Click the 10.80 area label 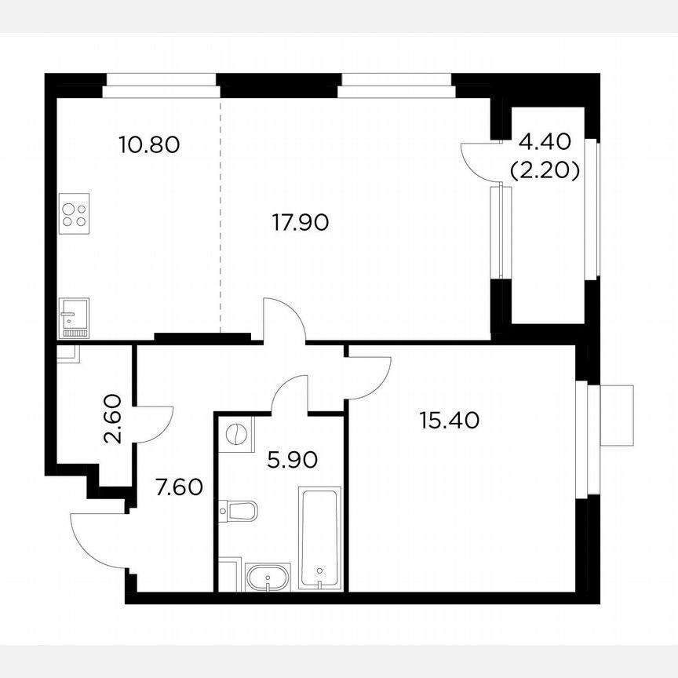[149, 144]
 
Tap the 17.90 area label [300, 223]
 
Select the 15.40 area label [449, 420]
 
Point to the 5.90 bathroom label [292, 459]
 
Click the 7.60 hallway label [179, 487]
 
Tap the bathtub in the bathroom [320, 537]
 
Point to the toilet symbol [240, 512]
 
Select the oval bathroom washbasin [268, 576]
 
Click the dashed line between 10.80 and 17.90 [220, 220]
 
